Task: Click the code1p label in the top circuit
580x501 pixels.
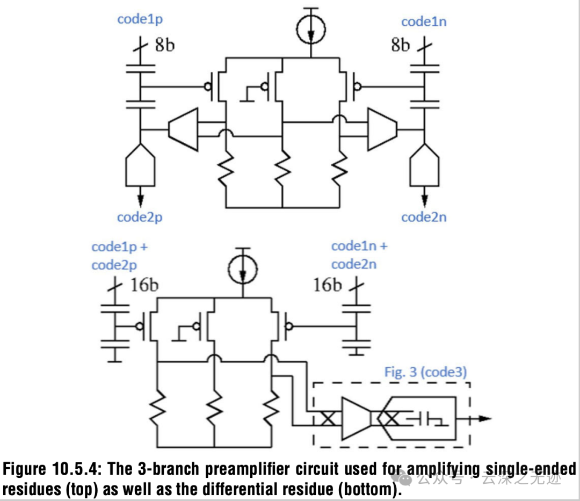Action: (x=140, y=20)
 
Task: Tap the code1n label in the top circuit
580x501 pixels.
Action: (x=424, y=22)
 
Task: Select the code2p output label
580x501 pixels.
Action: (x=140, y=217)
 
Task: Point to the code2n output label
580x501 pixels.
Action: (x=424, y=217)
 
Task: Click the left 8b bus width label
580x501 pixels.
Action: (x=165, y=45)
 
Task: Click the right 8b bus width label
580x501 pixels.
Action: (x=400, y=45)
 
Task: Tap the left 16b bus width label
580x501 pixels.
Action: (x=144, y=285)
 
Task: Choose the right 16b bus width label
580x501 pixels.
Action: (x=328, y=285)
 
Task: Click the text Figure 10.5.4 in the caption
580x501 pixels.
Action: (x=51, y=469)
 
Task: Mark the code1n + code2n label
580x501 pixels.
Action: (x=359, y=255)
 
